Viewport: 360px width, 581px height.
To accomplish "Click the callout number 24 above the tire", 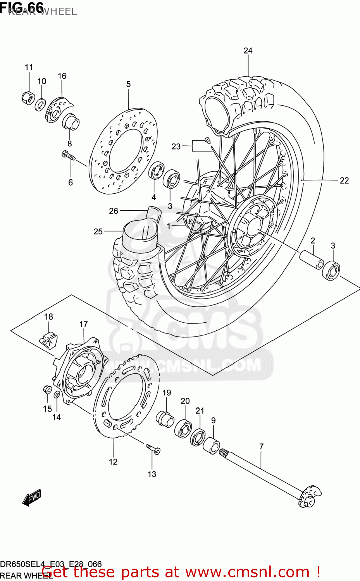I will [248, 51].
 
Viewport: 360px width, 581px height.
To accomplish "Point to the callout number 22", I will [344, 180].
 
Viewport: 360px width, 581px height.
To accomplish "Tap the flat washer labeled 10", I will [40, 104].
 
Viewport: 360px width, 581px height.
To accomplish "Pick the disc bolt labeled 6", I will [68, 156].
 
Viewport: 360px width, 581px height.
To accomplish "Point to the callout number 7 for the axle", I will [261, 447].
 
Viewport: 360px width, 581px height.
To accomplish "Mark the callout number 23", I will [176, 146].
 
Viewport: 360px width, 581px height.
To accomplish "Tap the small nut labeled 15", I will [47, 389].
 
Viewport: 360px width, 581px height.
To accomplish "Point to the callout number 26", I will [113, 211].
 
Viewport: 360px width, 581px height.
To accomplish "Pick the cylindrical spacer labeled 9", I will [212, 445].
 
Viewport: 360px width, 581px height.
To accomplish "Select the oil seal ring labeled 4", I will [156, 171].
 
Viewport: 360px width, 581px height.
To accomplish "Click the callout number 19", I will [167, 393].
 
